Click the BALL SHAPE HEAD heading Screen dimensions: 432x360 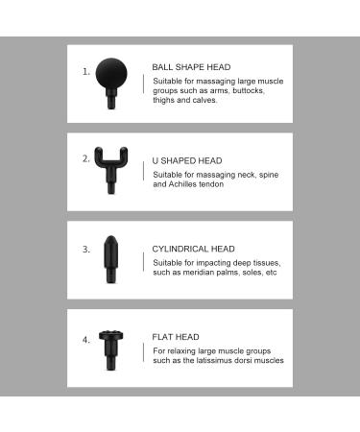(191, 67)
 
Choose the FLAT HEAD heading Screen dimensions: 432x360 (176, 337)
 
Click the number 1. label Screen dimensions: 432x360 (86, 71)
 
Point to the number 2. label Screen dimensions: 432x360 (86, 158)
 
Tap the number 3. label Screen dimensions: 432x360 (86, 249)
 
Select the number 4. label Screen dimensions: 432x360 (86, 339)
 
